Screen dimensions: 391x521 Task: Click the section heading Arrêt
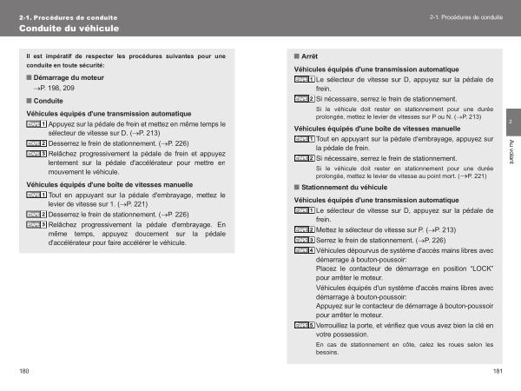point(309,56)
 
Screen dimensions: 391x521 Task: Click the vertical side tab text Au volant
point(511,149)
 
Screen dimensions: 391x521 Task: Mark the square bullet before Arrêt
point(297,56)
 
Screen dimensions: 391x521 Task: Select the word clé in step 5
point(478,325)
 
